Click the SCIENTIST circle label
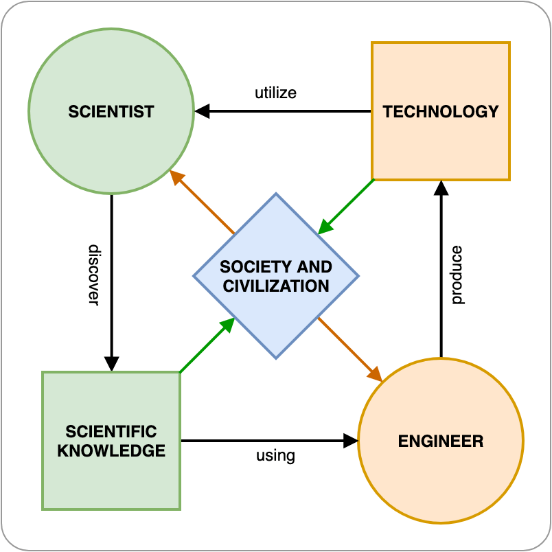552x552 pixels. (111, 111)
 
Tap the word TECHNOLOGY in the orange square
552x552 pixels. (440, 111)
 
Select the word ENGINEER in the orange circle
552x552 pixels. (441, 441)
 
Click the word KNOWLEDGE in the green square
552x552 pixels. (111, 450)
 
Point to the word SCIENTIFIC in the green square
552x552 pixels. (111, 432)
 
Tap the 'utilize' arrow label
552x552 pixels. (275, 92)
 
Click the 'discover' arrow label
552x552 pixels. (94, 275)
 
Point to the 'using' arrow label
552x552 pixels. (275, 455)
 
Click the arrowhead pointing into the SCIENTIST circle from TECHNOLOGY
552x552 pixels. (202, 111)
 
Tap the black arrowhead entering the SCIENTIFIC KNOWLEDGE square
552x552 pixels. (111, 363)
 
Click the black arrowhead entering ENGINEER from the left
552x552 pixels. (350, 441)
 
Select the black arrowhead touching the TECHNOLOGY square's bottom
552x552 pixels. (441, 188)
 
